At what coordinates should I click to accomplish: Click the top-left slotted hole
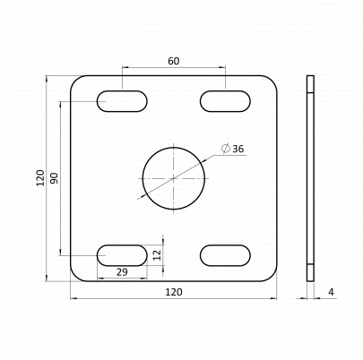point(123,101)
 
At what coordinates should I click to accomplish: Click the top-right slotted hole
point(226,101)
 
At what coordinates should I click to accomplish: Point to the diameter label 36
point(238,149)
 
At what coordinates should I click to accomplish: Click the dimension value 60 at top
point(174,61)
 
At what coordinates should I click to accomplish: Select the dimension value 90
point(55,177)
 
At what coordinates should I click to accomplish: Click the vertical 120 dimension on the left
point(39,177)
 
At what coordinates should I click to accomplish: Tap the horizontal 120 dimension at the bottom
point(174,292)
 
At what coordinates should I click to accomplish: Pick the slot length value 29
point(122,271)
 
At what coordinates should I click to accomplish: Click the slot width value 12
point(157,254)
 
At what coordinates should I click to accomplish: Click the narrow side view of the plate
point(310,177)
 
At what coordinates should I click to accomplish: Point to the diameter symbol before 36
point(224,149)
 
